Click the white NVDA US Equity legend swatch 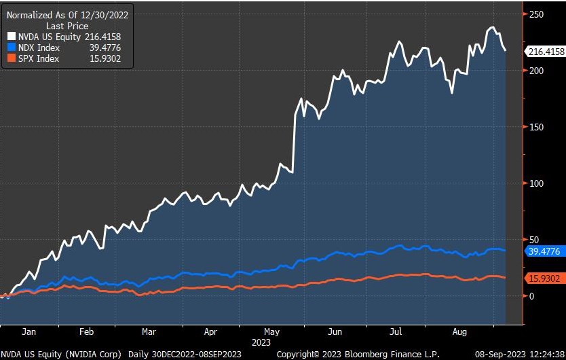pyautogui.click(x=12, y=37)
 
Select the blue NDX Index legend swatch pyautogui.click(x=12, y=48)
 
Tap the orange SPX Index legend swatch pyautogui.click(x=12, y=58)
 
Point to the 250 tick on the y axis pyautogui.click(x=537, y=14)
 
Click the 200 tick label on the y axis pyautogui.click(x=537, y=71)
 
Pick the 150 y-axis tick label pyautogui.click(x=537, y=127)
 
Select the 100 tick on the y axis pyautogui.click(x=537, y=183)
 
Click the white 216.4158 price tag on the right pyautogui.click(x=545, y=50)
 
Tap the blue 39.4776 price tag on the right pyautogui.click(x=545, y=251)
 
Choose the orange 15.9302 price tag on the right pyautogui.click(x=545, y=278)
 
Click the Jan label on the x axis pyautogui.click(x=29, y=333)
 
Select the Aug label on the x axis pyautogui.click(x=460, y=333)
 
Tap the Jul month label pyautogui.click(x=398, y=333)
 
